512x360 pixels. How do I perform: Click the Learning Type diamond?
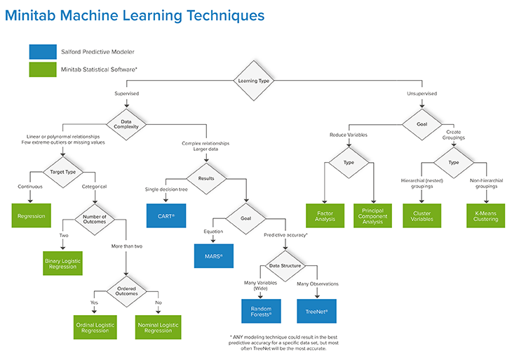[x=254, y=81]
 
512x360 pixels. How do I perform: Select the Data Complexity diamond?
[x=126, y=124]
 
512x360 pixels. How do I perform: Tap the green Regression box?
[x=32, y=215]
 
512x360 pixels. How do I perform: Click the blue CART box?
[x=166, y=215]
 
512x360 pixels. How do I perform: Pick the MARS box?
[x=214, y=256]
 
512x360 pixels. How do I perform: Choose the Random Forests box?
[x=261, y=312]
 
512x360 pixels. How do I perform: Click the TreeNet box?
[x=317, y=312]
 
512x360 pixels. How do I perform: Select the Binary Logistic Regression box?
[x=62, y=263]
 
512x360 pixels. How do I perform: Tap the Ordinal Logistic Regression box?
[x=95, y=327]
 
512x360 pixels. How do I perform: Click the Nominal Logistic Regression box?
[x=158, y=327]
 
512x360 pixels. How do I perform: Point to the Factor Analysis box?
[x=325, y=215]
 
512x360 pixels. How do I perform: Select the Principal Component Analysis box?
[x=372, y=215]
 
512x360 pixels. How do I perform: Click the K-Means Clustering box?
[x=486, y=215]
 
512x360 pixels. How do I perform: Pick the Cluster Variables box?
[x=422, y=215]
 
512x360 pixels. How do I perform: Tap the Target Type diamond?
[x=63, y=172]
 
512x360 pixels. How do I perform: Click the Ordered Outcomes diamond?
[x=126, y=291]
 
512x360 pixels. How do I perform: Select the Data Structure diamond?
[x=285, y=266]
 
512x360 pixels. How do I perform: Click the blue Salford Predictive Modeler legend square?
[x=43, y=52]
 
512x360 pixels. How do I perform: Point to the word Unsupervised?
[x=422, y=93]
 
